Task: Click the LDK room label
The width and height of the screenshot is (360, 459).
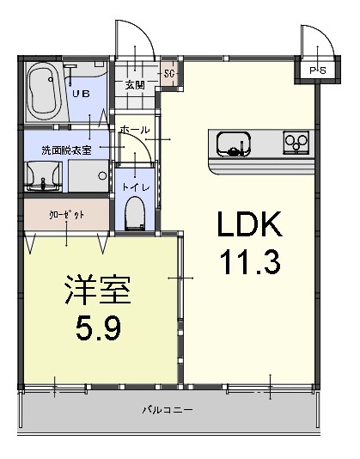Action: coord(248,225)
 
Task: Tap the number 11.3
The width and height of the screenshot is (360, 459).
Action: coord(248,262)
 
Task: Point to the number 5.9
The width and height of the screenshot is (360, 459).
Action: coord(97,327)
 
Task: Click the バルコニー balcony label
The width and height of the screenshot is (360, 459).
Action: coord(167,410)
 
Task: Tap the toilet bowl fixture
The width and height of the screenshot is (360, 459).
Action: coord(135,213)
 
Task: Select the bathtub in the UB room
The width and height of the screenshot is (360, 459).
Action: coord(43,91)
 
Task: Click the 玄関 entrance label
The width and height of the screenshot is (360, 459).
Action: coord(134,84)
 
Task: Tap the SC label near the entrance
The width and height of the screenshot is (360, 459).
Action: coord(168,73)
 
